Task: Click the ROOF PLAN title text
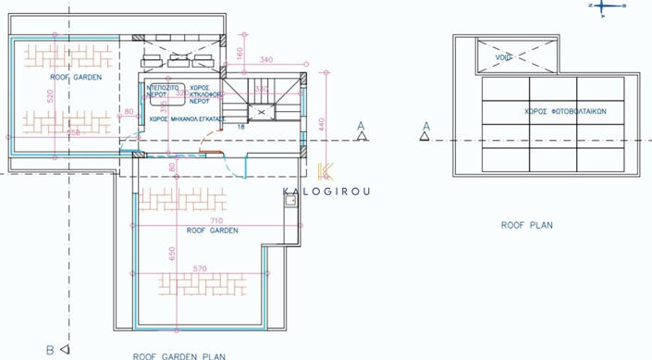526,225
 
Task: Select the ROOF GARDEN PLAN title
178,355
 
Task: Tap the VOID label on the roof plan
504,57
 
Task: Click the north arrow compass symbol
603,6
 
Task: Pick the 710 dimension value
216,221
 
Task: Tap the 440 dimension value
321,125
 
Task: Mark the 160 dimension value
240,52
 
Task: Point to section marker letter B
50,350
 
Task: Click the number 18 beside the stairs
241,126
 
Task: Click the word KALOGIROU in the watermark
326,192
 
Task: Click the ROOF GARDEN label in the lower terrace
212,230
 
